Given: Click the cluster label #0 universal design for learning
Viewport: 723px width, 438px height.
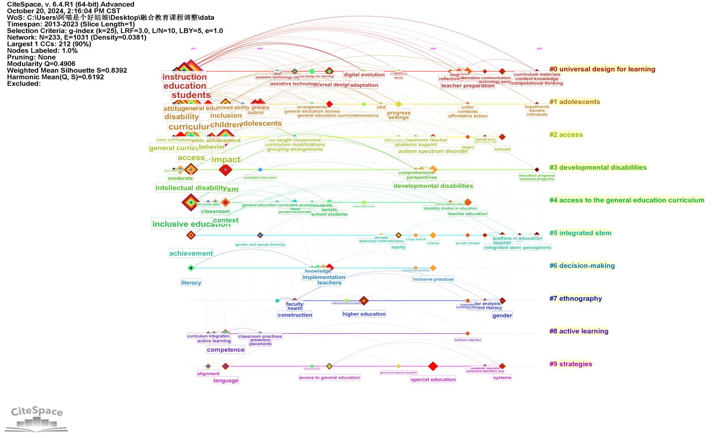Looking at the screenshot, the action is (x=602, y=69).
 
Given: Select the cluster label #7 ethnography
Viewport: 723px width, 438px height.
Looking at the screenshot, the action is (x=576, y=298).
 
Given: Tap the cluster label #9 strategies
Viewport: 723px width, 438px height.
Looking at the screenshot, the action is (x=571, y=364).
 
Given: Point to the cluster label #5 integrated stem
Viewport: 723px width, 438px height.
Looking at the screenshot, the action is (x=580, y=233).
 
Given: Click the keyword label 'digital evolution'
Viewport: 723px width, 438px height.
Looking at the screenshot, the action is (x=364, y=75).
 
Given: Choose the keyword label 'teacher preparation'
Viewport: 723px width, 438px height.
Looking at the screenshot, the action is (x=467, y=86).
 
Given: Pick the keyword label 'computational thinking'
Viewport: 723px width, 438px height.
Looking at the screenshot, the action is (x=537, y=83).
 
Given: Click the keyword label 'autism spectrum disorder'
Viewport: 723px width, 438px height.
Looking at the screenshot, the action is (x=433, y=151).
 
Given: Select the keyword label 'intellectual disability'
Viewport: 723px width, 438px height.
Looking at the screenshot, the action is (x=191, y=188).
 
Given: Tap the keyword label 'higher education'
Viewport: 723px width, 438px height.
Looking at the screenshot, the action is (x=364, y=314).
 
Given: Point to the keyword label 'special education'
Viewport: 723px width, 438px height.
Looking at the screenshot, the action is (x=433, y=379).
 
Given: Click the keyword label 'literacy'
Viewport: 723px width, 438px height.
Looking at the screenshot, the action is (x=191, y=283).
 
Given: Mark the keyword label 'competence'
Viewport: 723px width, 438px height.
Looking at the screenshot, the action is (x=226, y=350).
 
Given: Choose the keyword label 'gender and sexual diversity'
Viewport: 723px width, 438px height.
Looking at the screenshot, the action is (x=260, y=244).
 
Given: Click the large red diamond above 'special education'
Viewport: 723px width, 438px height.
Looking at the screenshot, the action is (x=433, y=366).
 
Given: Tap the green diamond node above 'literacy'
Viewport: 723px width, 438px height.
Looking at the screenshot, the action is (x=191, y=268).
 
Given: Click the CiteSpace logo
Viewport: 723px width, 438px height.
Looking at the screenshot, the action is (x=37, y=418).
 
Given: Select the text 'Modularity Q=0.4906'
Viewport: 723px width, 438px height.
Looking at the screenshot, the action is (x=41, y=64).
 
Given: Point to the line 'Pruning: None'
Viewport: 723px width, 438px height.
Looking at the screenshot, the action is (x=31, y=57).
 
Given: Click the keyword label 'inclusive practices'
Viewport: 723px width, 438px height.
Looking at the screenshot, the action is (x=433, y=279).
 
